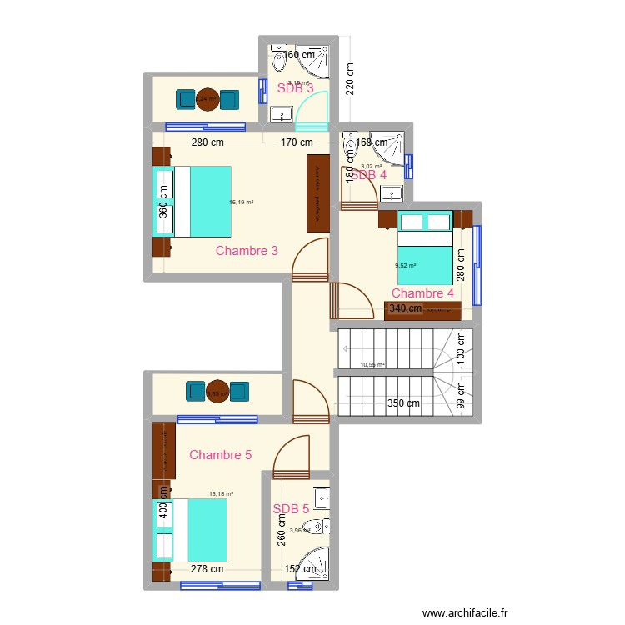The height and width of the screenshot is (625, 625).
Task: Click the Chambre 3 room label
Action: pos(247,250)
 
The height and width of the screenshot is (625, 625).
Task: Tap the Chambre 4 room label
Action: pos(422,292)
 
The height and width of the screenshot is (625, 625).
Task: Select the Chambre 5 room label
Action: pos(220,454)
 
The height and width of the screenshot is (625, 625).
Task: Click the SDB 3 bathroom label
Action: pos(296,87)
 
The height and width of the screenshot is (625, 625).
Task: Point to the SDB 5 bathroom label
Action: pos(291,508)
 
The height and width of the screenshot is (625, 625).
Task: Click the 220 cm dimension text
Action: pos(351,80)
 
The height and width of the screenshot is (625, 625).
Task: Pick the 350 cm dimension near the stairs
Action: pos(403,403)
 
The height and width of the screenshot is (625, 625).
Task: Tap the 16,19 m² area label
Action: pos(242,202)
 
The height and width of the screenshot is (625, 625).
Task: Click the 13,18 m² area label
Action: pos(221,493)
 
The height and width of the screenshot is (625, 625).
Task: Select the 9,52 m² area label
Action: pos(406,266)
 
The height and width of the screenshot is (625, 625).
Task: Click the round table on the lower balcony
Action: pos(217,392)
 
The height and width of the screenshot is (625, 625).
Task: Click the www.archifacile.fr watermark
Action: pos(465,612)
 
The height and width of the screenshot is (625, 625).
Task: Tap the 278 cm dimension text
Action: pos(207,570)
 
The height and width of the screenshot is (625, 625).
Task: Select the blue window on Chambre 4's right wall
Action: pos(477,265)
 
